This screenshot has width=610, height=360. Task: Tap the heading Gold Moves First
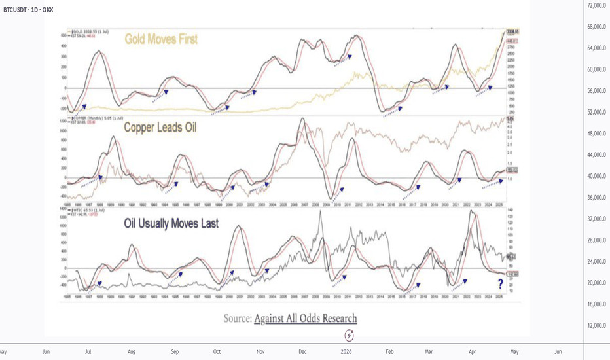pos(161,39)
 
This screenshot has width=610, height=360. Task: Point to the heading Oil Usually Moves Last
pos(171,223)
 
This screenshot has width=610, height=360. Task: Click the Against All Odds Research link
pos(306,319)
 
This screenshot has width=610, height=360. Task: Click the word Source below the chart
pos(236,319)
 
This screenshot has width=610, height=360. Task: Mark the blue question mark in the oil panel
pos(500,283)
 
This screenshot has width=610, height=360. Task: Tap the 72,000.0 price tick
pos(596,5)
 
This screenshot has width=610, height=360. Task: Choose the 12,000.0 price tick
pos(596,326)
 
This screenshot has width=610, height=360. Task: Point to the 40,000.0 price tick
pos(596,176)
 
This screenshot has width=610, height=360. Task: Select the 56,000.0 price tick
pos(596,91)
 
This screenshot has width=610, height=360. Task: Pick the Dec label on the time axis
pos(303,351)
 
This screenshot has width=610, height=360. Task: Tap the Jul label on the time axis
pos(87,351)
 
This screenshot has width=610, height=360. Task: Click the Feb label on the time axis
pos(389,351)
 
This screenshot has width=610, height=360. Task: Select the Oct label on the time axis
pos(217,351)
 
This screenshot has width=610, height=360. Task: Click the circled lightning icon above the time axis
pos(350,335)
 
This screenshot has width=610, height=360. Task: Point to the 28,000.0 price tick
pos(596,240)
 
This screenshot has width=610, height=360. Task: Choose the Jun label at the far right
pos(558,351)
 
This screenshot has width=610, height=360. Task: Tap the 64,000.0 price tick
pos(596,48)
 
